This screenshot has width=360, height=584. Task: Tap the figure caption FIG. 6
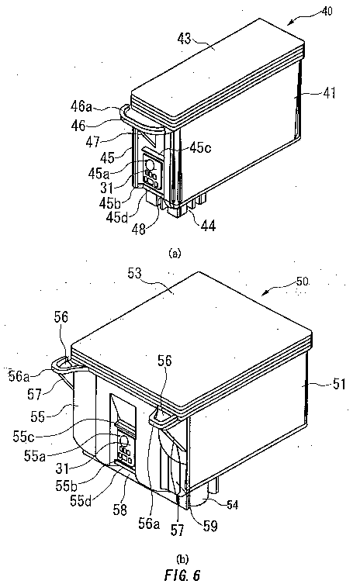pos(181,573)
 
